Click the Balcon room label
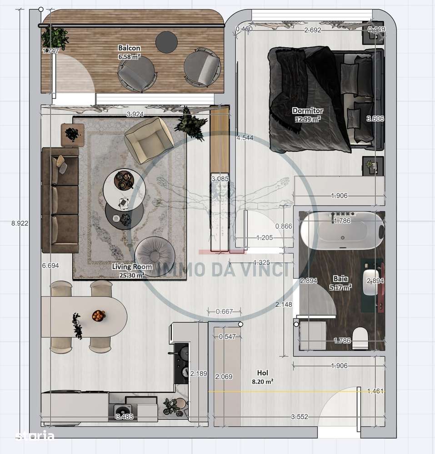click(129, 48)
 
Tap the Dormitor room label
click(308, 110)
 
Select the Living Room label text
click(128, 267)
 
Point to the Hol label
click(263, 373)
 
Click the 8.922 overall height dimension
click(19, 223)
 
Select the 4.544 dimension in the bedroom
click(245, 138)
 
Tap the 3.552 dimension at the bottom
click(300, 416)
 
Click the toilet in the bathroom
click(360, 338)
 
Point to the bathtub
click(342, 232)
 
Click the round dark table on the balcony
click(166, 42)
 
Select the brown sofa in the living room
click(60, 200)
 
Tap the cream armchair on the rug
click(149, 140)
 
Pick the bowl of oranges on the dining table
click(98, 315)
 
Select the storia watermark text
click(35, 436)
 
